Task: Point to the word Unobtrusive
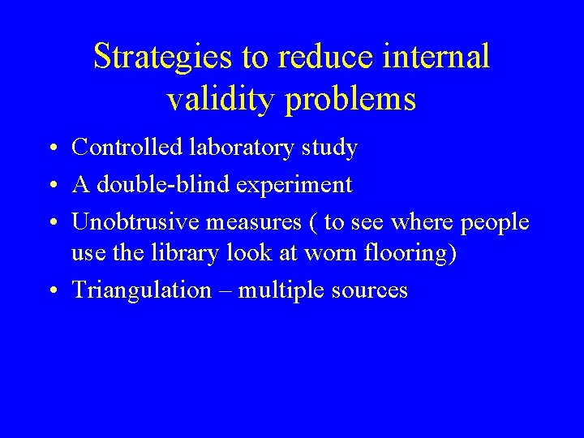point(135,221)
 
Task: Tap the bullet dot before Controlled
point(51,149)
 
